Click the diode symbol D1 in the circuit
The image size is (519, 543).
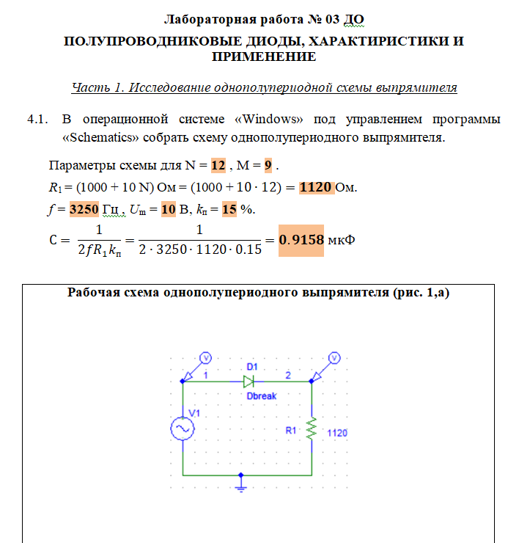[249, 381]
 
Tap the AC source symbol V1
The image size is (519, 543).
[182, 429]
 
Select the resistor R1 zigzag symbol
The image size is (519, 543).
[312, 429]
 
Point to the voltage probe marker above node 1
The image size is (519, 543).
[207, 357]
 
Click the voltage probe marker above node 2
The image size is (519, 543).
[335, 357]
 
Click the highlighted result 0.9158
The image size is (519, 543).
[301, 240]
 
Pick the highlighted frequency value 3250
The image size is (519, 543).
[84, 209]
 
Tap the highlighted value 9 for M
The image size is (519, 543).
[268, 164]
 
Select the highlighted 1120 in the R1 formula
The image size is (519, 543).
[317, 186]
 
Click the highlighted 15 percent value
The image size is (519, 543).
[229, 209]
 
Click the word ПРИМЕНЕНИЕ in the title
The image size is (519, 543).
[263, 57]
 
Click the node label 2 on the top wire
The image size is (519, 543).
[288, 375]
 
